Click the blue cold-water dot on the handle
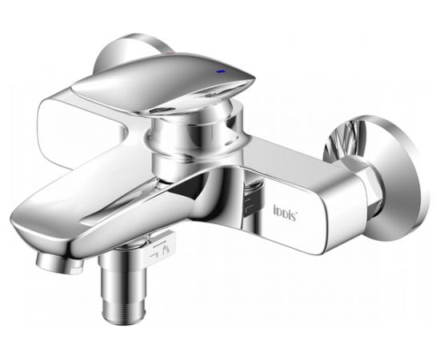[x=222, y=71]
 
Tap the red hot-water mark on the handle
[x=170, y=53]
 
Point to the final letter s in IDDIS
[x=294, y=217]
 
